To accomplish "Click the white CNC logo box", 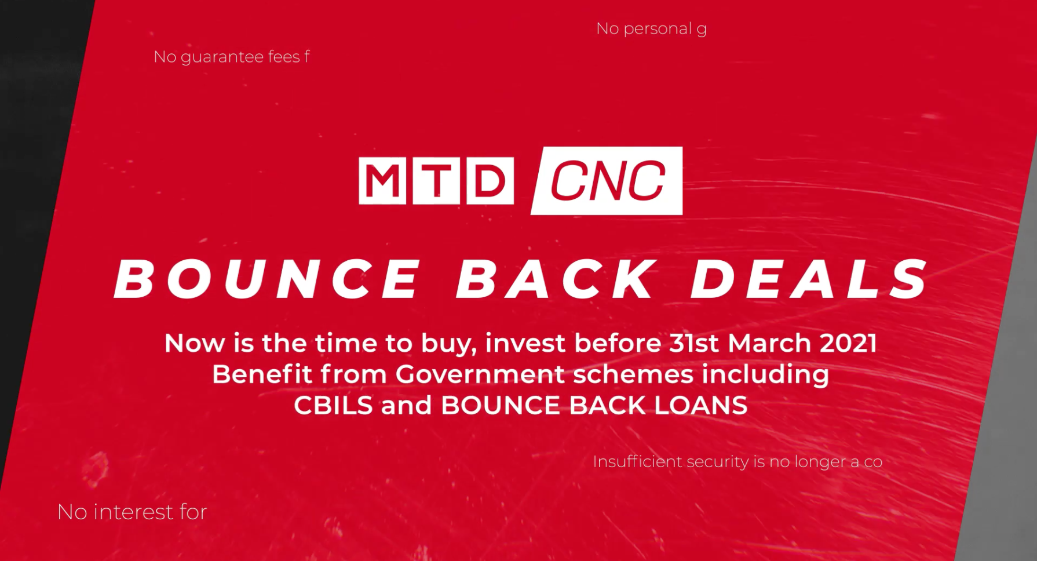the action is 607,181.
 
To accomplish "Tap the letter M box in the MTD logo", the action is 382,181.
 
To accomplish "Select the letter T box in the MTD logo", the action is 436,181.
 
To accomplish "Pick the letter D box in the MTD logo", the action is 490,181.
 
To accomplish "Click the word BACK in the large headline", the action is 556,279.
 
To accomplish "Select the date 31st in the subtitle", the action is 694,343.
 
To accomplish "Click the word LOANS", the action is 701,405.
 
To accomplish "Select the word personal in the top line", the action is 658,29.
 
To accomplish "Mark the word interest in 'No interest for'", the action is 133,512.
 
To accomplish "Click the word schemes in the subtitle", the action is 633,374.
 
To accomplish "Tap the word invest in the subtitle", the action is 525,343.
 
